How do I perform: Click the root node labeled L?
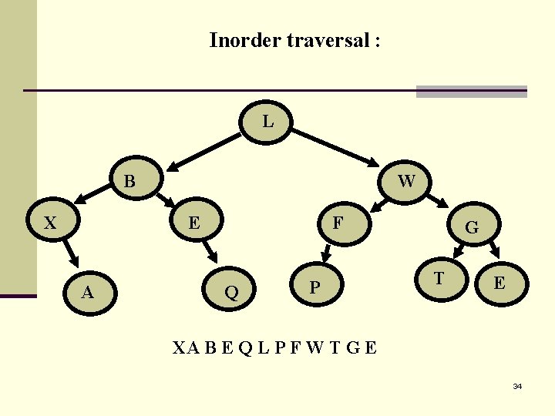[267, 122]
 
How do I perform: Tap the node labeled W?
[406, 181]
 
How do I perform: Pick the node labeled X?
[51, 223]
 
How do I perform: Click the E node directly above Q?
[195, 223]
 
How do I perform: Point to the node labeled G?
[472, 227]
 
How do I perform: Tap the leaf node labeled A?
[89, 291]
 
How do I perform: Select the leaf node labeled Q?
[230, 291]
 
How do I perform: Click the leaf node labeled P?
[314, 287]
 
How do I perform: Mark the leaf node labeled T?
[439, 278]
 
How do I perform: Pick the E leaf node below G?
[499, 283]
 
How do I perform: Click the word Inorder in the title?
[245, 40]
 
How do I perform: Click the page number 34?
[517, 386]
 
